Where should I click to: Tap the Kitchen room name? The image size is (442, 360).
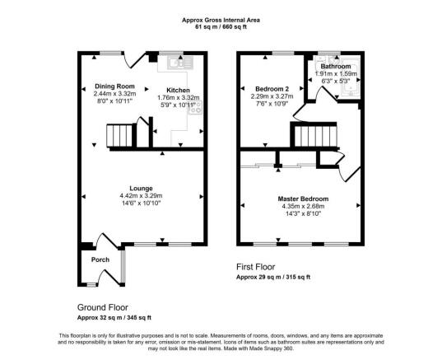[178, 90]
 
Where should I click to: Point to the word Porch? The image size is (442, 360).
[100, 260]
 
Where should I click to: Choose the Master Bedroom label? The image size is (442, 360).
[303, 199]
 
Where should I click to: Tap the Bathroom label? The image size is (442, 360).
[335, 67]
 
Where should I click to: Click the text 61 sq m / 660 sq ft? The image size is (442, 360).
[221, 26]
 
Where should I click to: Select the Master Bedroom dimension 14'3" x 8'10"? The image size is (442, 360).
[303, 214]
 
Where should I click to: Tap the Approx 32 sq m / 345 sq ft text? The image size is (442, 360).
[114, 317]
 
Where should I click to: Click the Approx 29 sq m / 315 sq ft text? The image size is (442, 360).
[274, 278]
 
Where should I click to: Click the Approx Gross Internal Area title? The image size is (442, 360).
[221, 19]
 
